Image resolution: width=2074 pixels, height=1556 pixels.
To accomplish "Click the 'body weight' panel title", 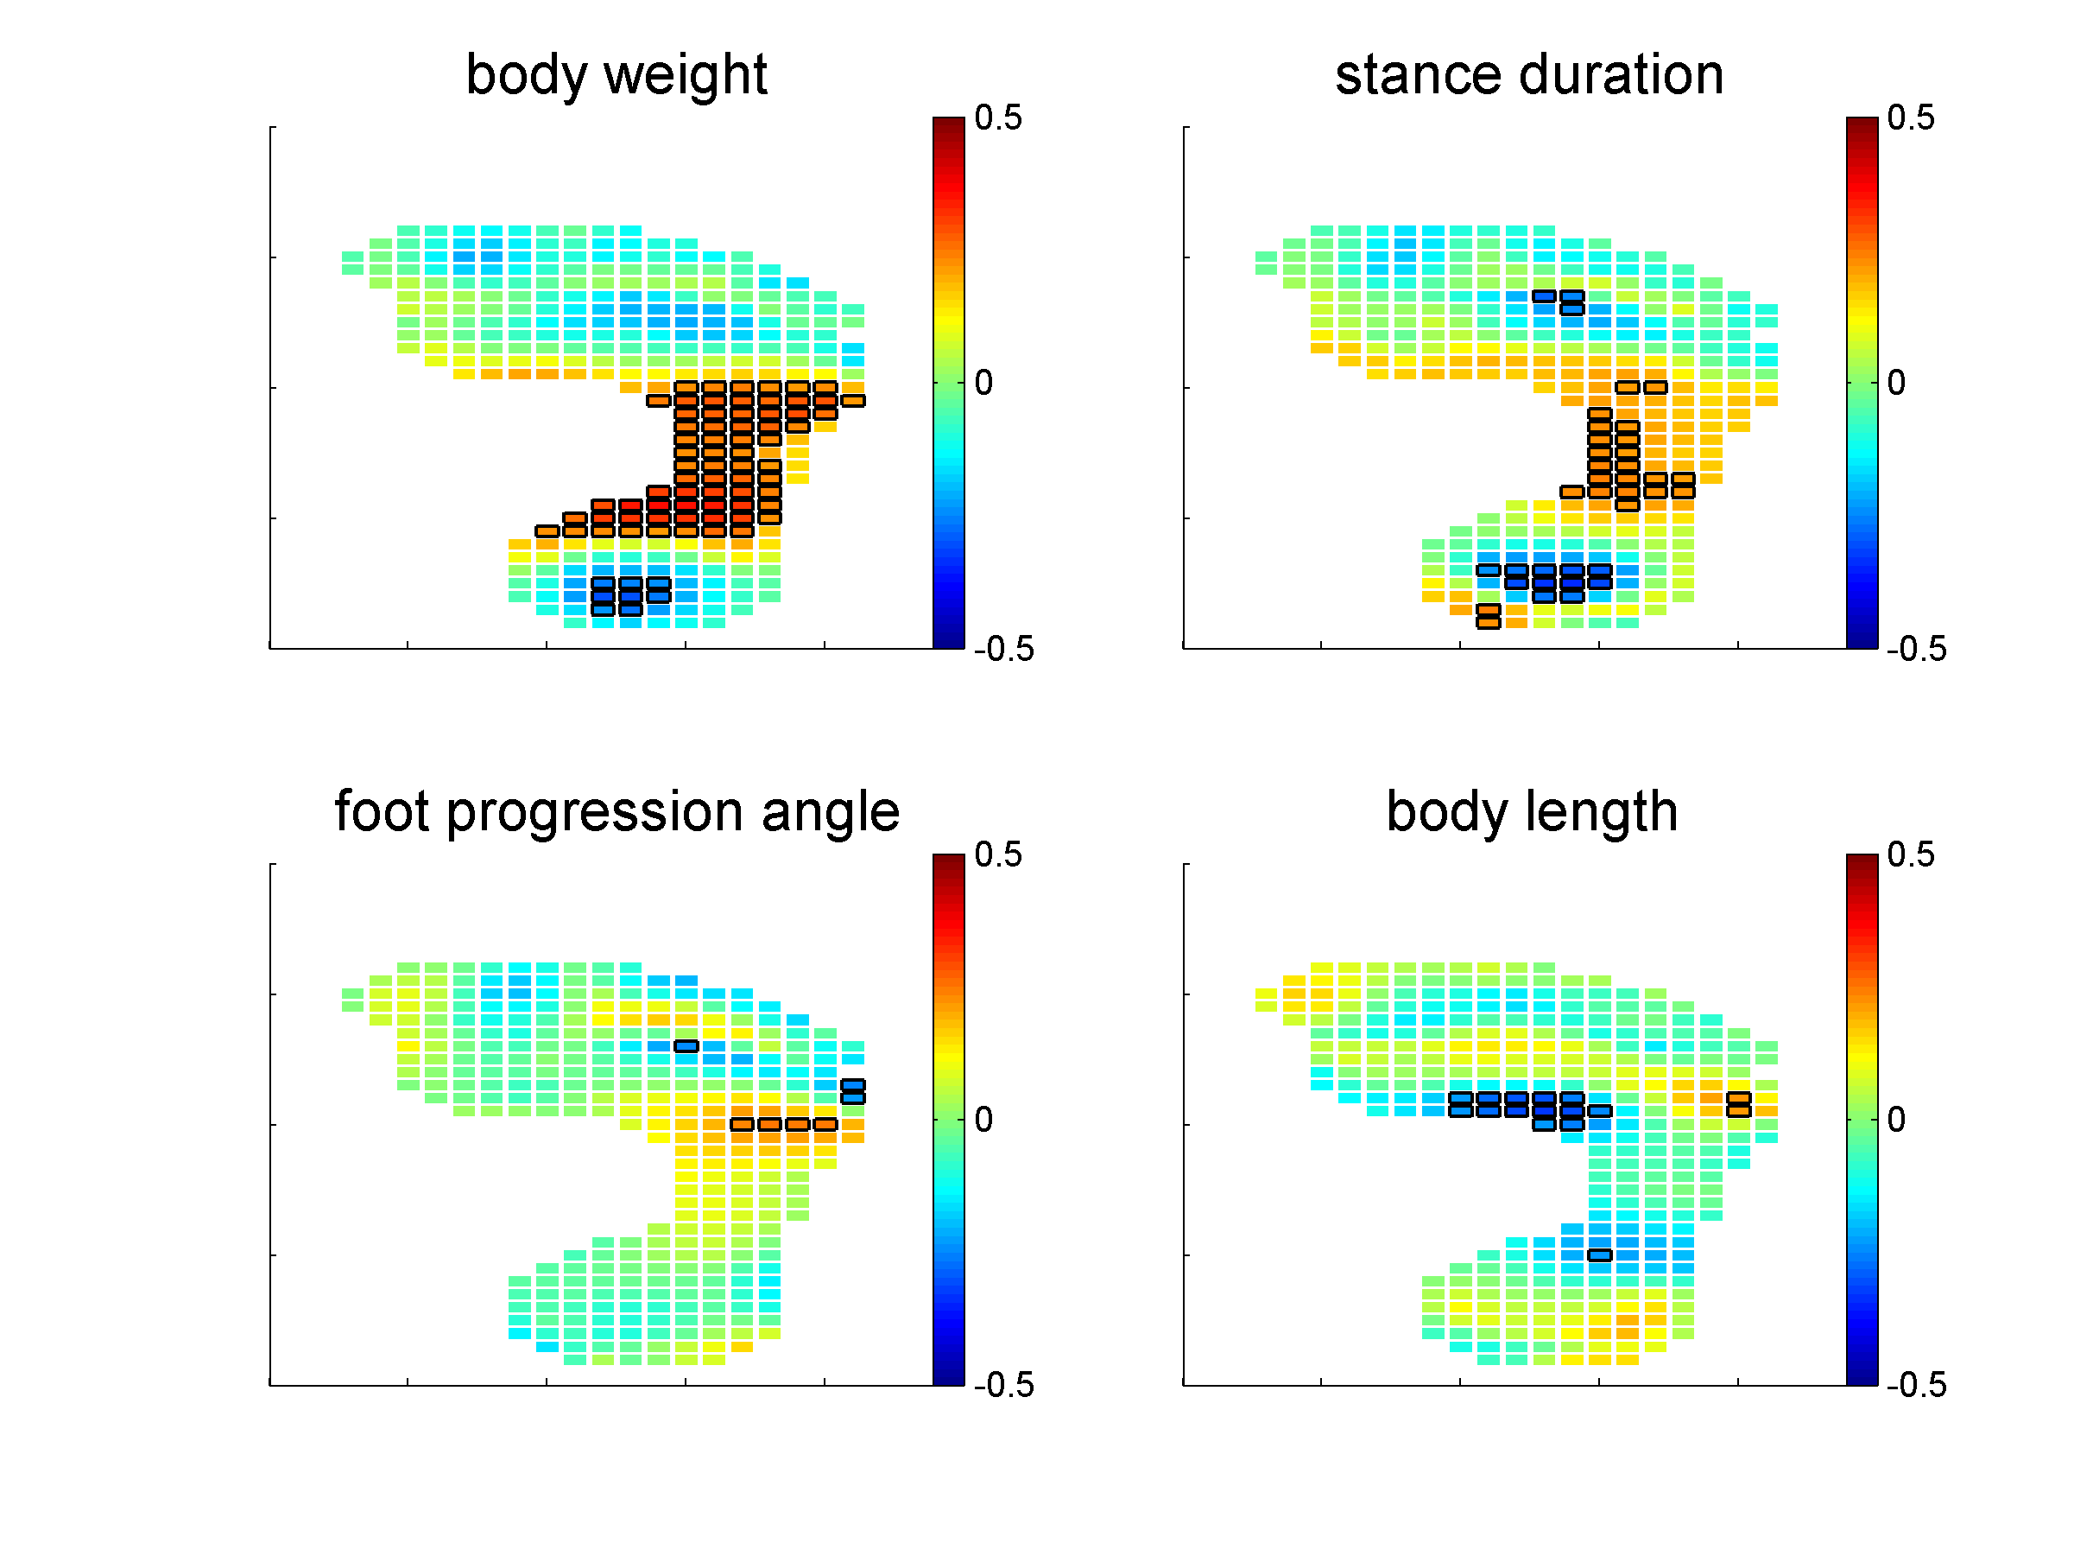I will click(x=616, y=75).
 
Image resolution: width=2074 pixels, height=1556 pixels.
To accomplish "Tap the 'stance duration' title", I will click(x=1529, y=75).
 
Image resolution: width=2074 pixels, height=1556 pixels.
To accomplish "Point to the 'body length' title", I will click(x=1531, y=811).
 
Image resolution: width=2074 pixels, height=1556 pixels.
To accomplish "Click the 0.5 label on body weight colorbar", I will click(x=997, y=118).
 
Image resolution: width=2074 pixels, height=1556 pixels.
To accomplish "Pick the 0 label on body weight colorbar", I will click(x=983, y=383).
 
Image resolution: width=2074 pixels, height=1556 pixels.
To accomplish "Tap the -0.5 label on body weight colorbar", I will click(x=1003, y=649).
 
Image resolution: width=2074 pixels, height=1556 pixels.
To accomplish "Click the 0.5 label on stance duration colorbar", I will click(x=1911, y=118).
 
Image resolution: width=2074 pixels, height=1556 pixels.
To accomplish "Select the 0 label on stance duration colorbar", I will click(x=1896, y=383).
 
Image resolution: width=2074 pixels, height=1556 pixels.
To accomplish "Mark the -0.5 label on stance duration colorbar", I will click(x=1917, y=649).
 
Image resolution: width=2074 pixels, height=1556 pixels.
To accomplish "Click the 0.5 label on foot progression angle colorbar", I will click(x=997, y=854).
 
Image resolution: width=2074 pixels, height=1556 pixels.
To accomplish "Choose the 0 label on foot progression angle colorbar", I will click(x=983, y=1119).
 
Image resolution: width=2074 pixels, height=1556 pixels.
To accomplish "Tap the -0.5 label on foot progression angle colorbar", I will click(x=1003, y=1384).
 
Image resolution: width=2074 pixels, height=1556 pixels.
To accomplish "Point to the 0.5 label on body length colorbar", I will click(x=1911, y=854).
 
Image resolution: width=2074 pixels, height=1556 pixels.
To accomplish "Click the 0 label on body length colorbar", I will click(x=1896, y=1119).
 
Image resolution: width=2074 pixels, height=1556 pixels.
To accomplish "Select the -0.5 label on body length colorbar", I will click(x=1917, y=1384).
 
